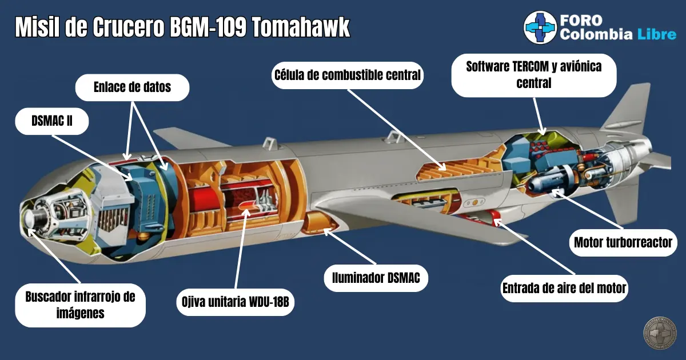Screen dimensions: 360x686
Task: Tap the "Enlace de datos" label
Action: pyautogui.click(x=132, y=87)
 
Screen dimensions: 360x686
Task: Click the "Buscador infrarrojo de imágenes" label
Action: pyautogui.click(x=80, y=305)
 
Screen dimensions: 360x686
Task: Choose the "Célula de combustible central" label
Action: pyautogui.click(x=348, y=75)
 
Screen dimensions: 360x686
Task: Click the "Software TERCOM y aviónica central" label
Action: pyautogui.click(x=533, y=75)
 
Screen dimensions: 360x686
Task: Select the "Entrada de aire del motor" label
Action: pyautogui.click(x=564, y=289)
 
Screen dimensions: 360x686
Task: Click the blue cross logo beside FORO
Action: pyautogui.click(x=540, y=28)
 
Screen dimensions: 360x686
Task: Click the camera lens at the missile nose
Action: pyautogui.click(x=30, y=218)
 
